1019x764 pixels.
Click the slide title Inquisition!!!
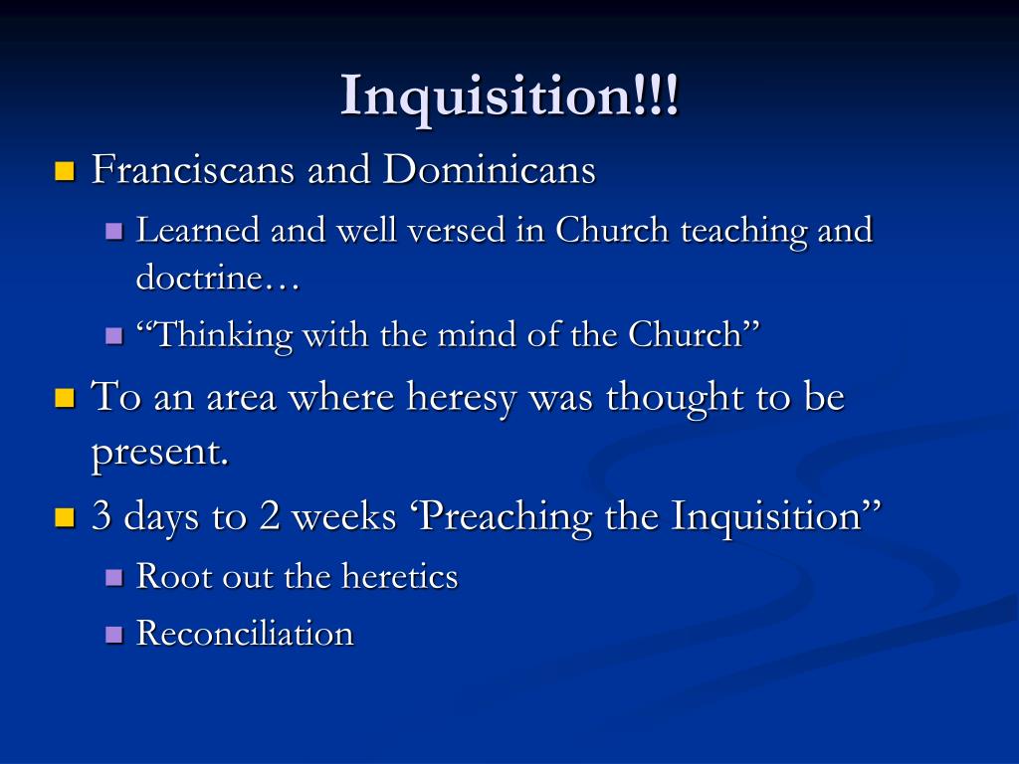point(509,96)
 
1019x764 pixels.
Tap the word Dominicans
point(490,170)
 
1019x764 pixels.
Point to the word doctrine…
point(218,279)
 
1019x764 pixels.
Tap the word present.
point(159,453)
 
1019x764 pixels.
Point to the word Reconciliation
point(245,634)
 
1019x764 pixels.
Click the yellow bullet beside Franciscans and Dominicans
point(65,171)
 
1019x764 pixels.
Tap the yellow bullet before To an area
point(65,399)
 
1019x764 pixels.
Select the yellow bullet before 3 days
point(65,517)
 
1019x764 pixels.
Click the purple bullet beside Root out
point(113,578)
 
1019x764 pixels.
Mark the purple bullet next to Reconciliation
point(113,635)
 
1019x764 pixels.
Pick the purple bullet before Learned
point(113,232)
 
